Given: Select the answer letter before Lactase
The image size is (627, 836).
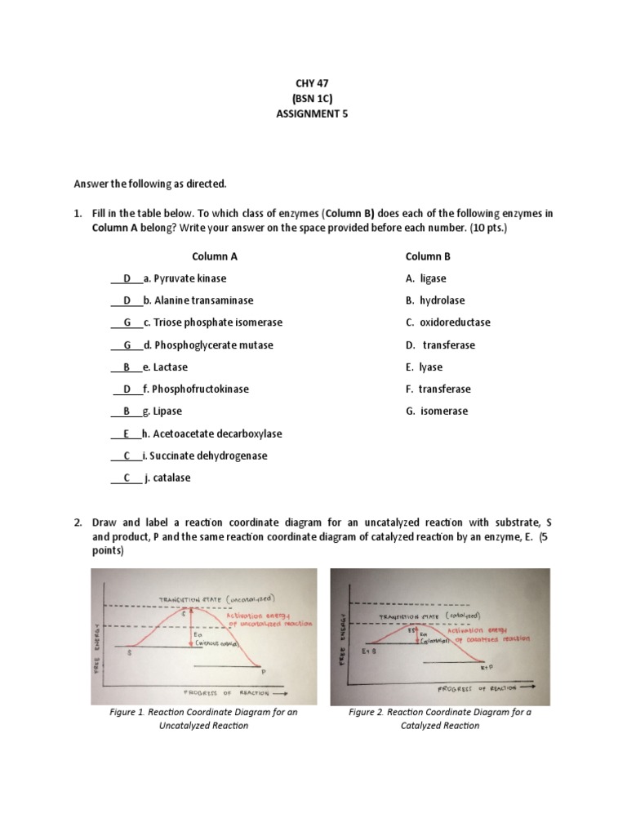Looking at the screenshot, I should coord(127,367).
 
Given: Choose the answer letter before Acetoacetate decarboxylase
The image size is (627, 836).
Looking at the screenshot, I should coord(127,434).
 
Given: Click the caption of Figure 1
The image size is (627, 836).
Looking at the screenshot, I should coord(203,718).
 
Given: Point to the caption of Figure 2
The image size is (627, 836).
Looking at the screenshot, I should coord(439,718).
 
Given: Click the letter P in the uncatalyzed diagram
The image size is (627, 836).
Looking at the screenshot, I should coord(264,671).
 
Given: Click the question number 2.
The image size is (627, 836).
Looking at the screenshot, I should coord(77,522).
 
